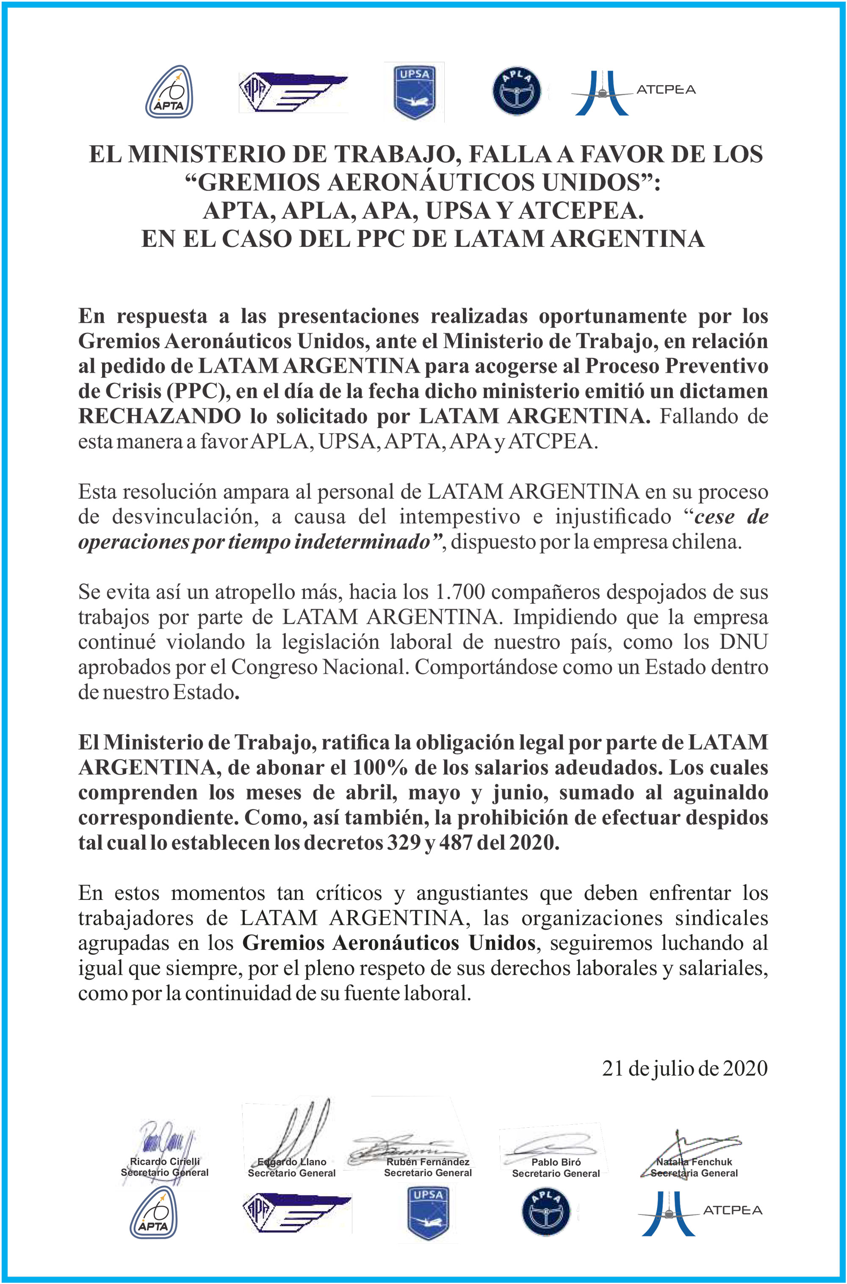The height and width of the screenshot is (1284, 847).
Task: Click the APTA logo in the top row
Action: (x=169, y=92)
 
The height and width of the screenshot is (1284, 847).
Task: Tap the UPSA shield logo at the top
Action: (x=414, y=92)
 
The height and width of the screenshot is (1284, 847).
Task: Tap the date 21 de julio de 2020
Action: (x=684, y=1068)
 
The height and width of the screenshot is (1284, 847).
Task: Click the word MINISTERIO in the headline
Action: (x=210, y=155)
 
